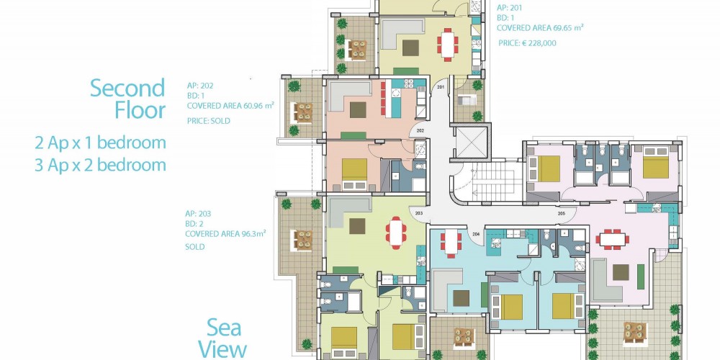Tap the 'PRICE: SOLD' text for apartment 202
209,121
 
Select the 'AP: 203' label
197,214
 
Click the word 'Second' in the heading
127,88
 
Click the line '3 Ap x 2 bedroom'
100,165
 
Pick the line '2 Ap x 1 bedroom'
100,143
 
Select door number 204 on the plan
476,234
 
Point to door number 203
419,214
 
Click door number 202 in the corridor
420,131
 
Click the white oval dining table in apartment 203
396,233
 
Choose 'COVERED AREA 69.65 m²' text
541,27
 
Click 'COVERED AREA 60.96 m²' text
230,106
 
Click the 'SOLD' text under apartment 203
194,247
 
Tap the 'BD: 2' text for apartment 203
194,224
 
